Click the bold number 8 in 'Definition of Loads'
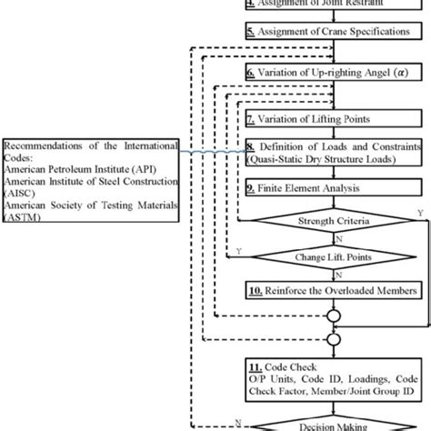(251, 147)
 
